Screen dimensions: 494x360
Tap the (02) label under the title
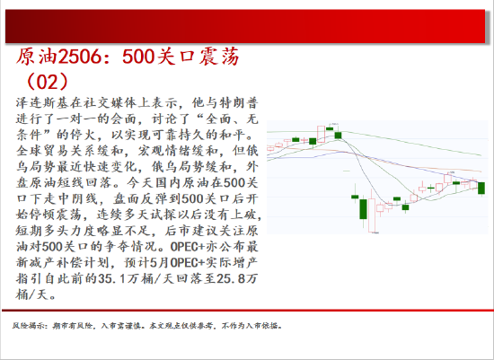(48, 82)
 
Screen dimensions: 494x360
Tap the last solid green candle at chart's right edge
(481, 188)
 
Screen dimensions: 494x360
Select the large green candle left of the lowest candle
(363, 209)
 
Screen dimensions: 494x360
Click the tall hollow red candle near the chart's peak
(321, 134)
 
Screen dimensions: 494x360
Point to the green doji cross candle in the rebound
(430, 189)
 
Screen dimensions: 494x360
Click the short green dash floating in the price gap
(347, 171)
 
